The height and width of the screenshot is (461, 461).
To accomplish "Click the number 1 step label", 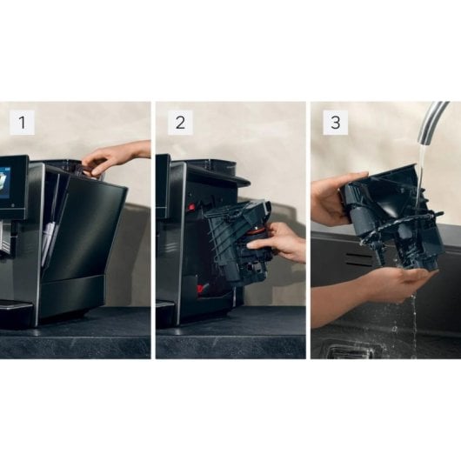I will (x=23, y=123).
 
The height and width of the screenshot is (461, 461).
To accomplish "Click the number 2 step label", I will (x=179, y=123).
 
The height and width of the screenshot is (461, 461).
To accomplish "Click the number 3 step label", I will (x=335, y=123).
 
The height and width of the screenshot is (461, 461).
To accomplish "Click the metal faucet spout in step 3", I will (x=431, y=122).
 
